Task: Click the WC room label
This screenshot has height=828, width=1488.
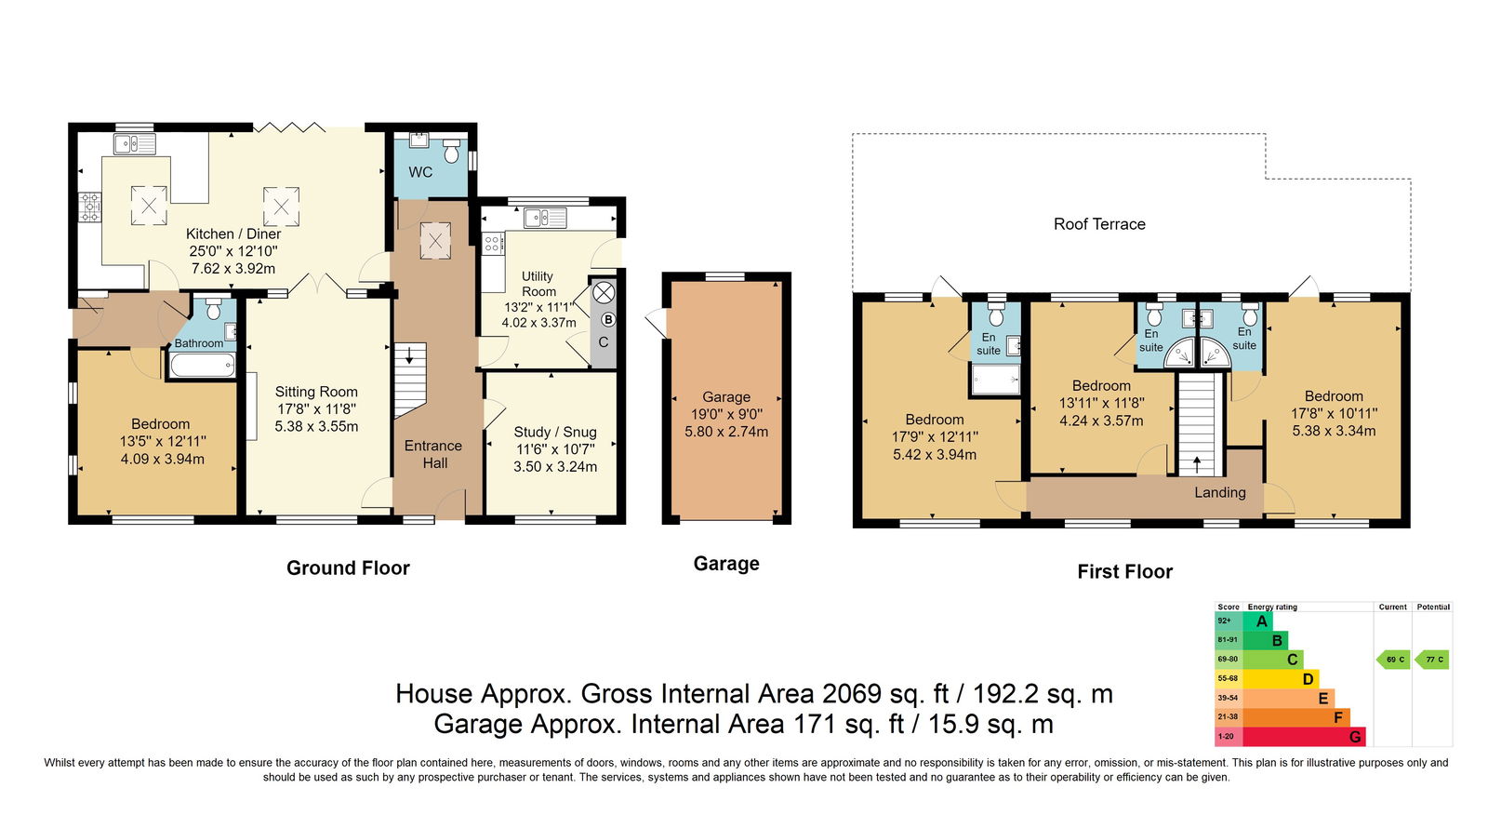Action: (420, 172)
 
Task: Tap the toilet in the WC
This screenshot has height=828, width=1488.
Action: (452, 151)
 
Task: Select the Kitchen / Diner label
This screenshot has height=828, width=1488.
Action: (233, 234)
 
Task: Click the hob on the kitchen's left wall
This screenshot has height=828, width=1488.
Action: (89, 207)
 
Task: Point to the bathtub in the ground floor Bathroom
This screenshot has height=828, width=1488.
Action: (203, 365)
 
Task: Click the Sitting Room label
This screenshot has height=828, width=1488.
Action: (316, 392)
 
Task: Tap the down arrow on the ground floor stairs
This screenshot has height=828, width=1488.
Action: (409, 354)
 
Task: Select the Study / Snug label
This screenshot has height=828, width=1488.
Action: (555, 432)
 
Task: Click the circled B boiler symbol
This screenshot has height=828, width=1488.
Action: (608, 320)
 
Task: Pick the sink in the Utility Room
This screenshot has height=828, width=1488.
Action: (545, 218)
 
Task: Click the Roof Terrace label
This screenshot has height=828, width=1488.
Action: (1099, 224)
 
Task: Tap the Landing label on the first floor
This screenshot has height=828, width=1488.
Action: (1219, 492)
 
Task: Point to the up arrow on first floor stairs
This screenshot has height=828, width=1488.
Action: (1197, 464)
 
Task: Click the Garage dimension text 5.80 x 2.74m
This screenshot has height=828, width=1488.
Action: (726, 432)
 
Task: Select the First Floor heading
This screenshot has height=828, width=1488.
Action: (1124, 571)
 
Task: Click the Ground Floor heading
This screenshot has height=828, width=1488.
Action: (348, 568)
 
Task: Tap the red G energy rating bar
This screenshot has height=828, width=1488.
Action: (1303, 736)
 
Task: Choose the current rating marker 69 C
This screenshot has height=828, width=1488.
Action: (1394, 660)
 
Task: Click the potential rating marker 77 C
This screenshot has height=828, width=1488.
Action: (1432, 660)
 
